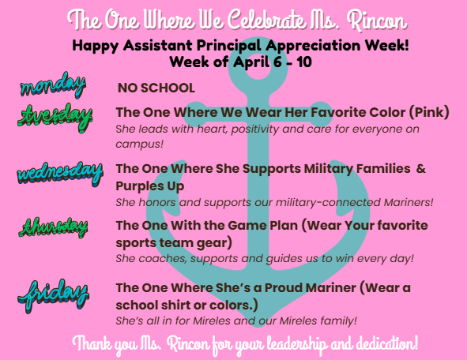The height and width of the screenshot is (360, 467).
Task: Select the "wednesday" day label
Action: click(x=59, y=171)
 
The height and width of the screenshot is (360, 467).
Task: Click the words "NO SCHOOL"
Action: click(x=156, y=88)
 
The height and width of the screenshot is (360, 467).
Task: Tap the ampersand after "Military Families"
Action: click(x=420, y=168)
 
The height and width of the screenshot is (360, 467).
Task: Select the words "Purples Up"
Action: click(x=150, y=185)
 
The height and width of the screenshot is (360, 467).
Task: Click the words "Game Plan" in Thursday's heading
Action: click(x=228, y=224)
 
